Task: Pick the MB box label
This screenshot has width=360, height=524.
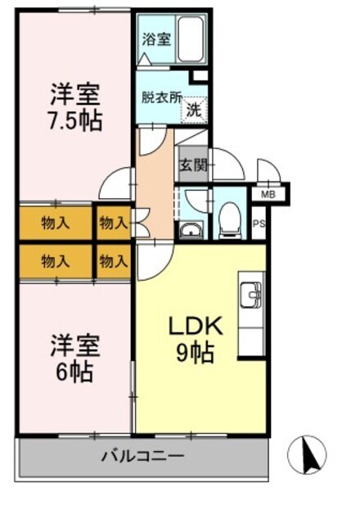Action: tap(267, 195)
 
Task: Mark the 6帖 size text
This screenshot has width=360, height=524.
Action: tap(74, 373)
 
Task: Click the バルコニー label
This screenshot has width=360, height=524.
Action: tap(143, 455)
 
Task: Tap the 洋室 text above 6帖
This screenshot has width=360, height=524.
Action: tap(74, 345)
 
